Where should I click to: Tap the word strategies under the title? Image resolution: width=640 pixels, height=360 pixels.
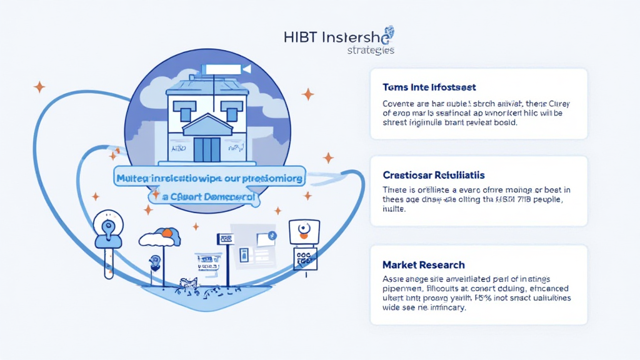click(370, 51)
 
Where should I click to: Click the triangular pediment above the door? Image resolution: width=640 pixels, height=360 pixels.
click(207, 126)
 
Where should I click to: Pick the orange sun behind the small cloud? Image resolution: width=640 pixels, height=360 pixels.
click(167, 234)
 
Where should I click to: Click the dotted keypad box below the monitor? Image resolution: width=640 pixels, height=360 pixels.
click(305, 257)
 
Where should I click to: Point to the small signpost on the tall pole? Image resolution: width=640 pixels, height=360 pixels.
click(225, 239)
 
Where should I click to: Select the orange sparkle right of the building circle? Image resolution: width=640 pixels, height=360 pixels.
click(307, 94)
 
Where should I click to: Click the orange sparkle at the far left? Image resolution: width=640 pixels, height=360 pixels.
click(39, 87)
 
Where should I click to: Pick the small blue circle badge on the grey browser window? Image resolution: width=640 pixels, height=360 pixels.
click(272, 236)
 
